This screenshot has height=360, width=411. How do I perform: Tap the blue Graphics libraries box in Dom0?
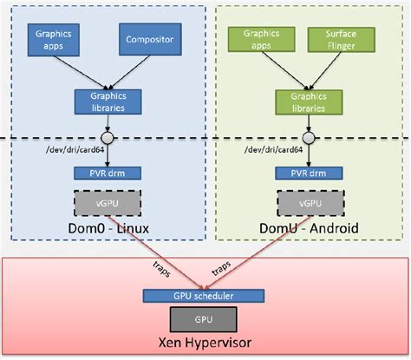[x=105, y=101]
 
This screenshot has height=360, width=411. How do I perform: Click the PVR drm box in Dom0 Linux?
[x=105, y=173]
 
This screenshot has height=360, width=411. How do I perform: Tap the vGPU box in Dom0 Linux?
[x=105, y=203]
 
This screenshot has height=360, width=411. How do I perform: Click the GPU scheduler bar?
[x=205, y=295]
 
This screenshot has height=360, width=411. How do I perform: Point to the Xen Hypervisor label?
[x=205, y=342]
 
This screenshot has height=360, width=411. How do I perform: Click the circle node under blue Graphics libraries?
[x=105, y=136]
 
